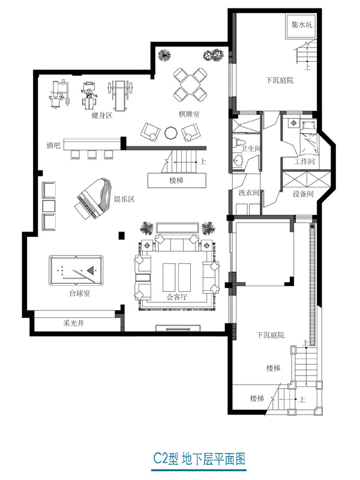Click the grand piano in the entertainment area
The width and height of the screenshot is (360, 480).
pos(94,199)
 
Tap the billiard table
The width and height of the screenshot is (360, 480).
pos(76,271)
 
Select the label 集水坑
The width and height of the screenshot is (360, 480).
pos(302,25)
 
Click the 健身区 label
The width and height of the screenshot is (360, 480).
pos(102,115)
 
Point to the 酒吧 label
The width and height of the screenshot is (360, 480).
pos(53,145)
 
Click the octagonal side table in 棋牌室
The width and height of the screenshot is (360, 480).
pos(171,133)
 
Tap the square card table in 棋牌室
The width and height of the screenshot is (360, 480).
pos(190,85)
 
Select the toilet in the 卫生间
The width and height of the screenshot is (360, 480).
pos(239,143)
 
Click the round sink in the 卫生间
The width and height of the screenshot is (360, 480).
pos(238,160)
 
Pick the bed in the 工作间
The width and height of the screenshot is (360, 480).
pos(308,137)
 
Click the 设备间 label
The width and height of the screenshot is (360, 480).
pos(303,194)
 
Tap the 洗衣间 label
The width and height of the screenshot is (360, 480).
pos(249,193)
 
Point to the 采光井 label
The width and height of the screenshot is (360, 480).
pos(73,323)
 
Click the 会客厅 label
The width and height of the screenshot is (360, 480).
pos(176,296)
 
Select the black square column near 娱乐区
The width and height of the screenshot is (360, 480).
pos(122,235)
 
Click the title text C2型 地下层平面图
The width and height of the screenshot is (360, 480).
pos(199,459)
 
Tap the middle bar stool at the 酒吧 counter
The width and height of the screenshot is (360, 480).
pos(92,155)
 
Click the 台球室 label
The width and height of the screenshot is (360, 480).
pos(80,293)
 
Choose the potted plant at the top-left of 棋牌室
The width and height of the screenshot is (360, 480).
pos(164,55)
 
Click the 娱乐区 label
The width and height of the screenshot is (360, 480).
pos(124,199)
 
